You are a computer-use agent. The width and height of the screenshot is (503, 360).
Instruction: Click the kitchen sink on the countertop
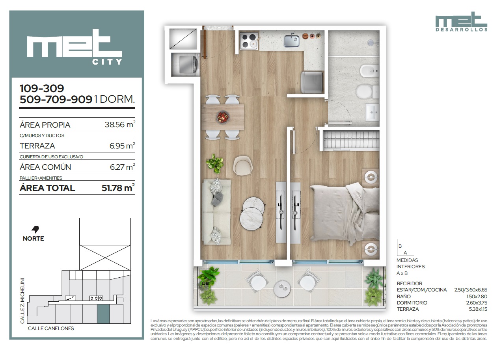pyautogui.click(x=291, y=41)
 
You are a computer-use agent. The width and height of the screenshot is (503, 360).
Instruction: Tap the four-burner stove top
pyautogui.click(x=249, y=41)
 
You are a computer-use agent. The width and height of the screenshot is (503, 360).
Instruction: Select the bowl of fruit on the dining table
pyautogui.click(x=223, y=117)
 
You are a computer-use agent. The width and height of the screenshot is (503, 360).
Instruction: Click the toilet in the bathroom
pyautogui.click(x=367, y=92)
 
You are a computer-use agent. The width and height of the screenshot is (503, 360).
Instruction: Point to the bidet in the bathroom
pyautogui.click(x=369, y=71)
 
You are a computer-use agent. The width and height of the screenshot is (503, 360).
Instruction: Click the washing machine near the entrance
pyautogui.click(x=186, y=65)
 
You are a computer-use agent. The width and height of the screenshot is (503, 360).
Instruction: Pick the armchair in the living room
pyautogui.click(x=243, y=166)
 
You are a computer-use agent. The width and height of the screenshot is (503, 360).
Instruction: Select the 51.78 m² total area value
pyautogui.click(x=118, y=188)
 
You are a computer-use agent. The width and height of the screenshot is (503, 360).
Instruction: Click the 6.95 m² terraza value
pyautogui.click(x=122, y=146)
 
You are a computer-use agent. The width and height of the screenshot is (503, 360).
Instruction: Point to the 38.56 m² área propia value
pyautogui.click(x=120, y=124)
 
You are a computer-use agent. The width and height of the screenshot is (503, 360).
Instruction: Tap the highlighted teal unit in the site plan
pyautogui.click(x=103, y=314)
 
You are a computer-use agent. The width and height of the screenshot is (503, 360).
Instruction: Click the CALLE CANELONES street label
pyautogui.click(x=51, y=328)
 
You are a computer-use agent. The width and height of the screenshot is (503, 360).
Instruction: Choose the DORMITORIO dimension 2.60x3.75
pyautogui.click(x=477, y=302)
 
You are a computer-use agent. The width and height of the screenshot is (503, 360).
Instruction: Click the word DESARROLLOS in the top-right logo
pyautogui.click(x=461, y=30)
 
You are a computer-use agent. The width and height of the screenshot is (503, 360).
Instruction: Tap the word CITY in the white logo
pyautogui.click(x=107, y=61)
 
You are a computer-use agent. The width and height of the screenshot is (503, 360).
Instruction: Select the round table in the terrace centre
pyautogui.click(x=282, y=289)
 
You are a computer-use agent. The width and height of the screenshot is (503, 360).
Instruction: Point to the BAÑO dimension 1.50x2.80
pyautogui.click(x=477, y=296)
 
